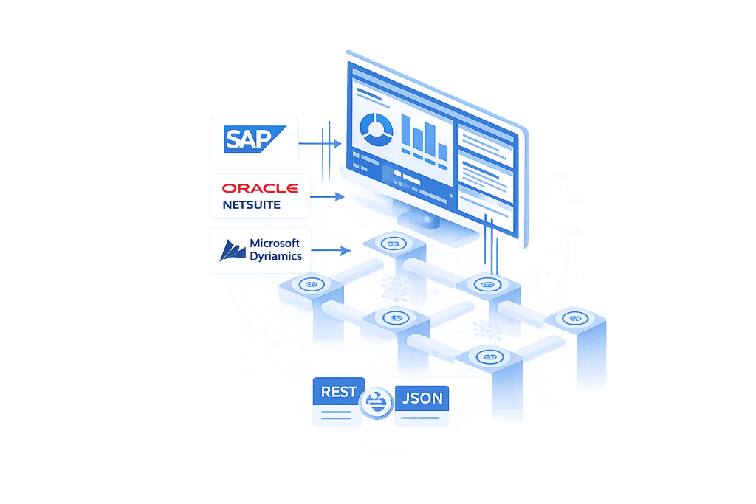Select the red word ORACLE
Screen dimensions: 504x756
260,188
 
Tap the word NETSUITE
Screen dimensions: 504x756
252,204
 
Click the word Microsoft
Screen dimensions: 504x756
274,243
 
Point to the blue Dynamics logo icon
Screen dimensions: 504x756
233,250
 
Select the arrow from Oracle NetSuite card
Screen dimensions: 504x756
328,196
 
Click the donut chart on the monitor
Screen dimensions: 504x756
377,128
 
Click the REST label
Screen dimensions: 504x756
339,392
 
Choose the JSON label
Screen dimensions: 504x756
422,399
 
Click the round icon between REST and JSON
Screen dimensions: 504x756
378,401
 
